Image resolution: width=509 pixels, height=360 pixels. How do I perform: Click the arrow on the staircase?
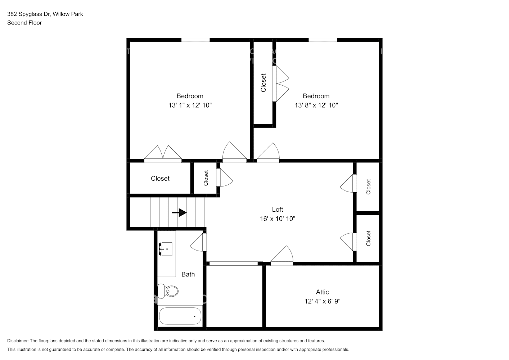179,213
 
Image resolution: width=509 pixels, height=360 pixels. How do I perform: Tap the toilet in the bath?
168,291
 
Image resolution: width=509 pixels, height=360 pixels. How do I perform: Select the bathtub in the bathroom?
180,316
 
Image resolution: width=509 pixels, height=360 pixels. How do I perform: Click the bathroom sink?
166,249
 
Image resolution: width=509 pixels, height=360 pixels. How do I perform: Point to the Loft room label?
277,210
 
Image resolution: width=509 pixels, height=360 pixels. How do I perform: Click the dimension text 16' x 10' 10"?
277,219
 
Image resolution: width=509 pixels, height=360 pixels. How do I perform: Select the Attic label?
322,292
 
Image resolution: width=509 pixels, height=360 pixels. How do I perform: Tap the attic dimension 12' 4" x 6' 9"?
322,301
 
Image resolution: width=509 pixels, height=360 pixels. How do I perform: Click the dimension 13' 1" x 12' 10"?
190,105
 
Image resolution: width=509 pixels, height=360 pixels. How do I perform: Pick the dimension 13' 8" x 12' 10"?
316,105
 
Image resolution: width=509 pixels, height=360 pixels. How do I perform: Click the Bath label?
188,274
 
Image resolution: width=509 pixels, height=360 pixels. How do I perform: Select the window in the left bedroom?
195,40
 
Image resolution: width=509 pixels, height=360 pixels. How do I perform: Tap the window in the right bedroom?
323,40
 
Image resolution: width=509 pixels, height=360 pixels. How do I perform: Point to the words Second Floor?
24,23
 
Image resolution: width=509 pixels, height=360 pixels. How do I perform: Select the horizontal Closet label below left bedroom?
160,179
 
